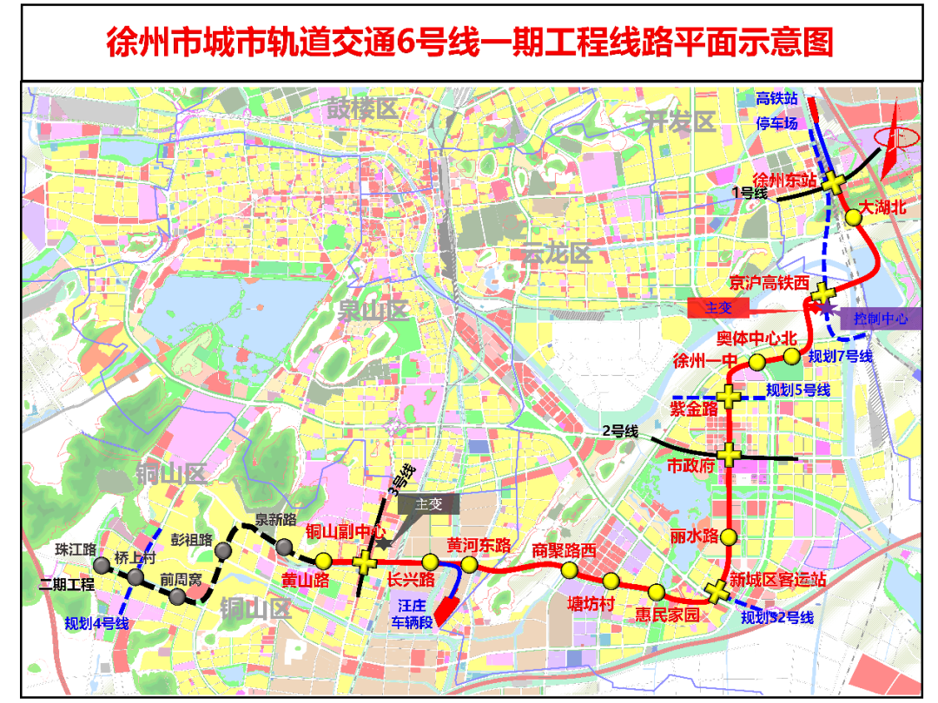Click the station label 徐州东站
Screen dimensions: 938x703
pos(784,181)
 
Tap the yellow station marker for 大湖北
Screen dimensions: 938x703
pos(854,219)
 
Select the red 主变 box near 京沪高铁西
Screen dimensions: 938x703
pos(718,308)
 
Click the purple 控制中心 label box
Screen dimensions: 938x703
pos(881,319)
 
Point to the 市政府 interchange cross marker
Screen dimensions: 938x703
pos(728,453)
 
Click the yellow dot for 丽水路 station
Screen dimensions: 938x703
pos(728,536)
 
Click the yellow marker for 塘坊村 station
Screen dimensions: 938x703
pos(611,581)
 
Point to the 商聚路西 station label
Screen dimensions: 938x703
pos(565,549)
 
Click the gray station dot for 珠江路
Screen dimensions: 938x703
pos(102,566)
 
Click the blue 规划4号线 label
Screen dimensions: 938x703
pos(96,622)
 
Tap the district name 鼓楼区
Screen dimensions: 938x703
pos(361,108)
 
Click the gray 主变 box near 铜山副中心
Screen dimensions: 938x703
pos(429,504)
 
